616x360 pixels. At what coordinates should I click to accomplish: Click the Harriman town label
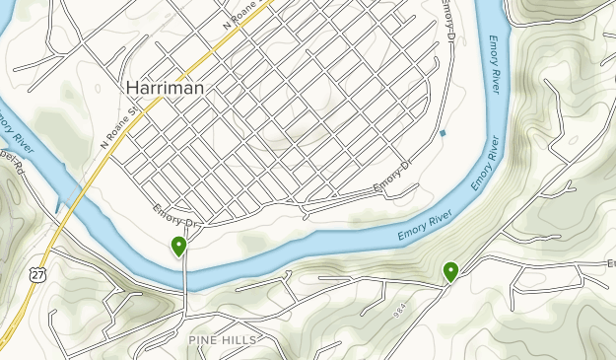166,88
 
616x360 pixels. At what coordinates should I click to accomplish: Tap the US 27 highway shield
36,270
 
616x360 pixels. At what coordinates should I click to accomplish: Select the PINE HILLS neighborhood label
223,339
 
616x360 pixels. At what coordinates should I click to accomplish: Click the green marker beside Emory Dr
179,246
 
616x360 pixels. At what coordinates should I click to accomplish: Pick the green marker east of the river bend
451,270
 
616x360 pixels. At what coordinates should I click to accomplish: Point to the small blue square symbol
444,133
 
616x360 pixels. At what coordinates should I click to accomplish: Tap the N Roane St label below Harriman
116,131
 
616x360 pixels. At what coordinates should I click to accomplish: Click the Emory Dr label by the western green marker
176,215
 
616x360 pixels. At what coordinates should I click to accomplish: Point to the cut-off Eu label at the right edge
609,263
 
